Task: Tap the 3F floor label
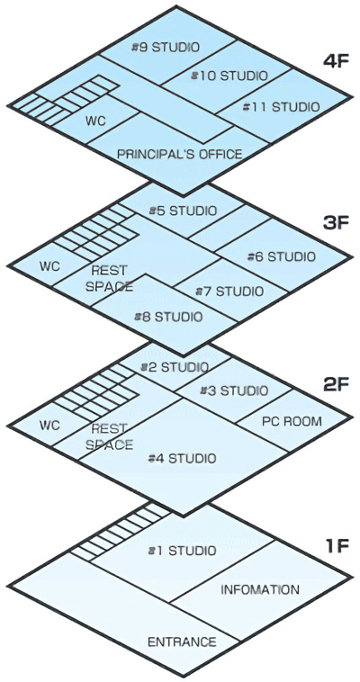pos(336,223)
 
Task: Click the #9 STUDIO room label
pos(166,47)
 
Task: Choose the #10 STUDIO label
pos(229,76)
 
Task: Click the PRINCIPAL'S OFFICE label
pos(180,154)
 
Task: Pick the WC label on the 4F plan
pos(95,121)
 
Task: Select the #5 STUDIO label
pos(183,211)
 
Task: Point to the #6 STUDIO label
pos(281,256)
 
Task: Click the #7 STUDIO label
pos(229,291)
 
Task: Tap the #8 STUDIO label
pos(168,317)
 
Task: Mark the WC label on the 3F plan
pos(49,266)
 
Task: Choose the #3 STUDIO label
pos(234,390)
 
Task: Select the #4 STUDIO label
pos(182,458)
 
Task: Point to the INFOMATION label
pos(260,590)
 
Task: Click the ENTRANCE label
pos(182,642)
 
